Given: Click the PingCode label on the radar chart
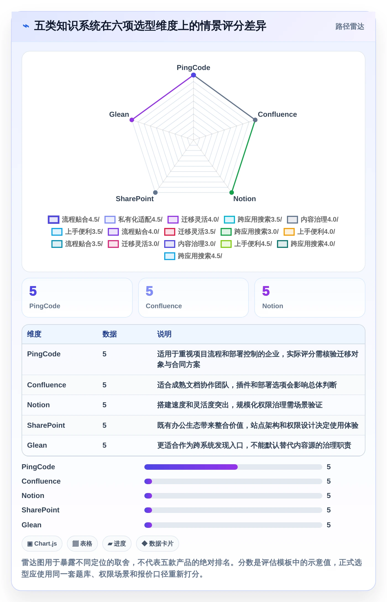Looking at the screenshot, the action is (x=193, y=68).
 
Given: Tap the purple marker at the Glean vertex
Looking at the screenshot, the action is (x=132, y=120).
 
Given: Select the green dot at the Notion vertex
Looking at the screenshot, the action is (x=232, y=193).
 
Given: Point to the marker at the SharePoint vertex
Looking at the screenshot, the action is (x=155, y=193).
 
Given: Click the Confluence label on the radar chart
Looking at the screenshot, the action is (x=277, y=114).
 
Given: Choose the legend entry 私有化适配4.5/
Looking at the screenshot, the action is (x=134, y=219).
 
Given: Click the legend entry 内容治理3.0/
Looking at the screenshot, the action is (x=190, y=244).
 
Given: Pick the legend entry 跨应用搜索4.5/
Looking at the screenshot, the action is (x=193, y=256).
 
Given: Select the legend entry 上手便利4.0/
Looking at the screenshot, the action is (x=309, y=232).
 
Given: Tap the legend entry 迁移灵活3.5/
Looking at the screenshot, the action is (x=190, y=232).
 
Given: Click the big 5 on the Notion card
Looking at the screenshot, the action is (x=266, y=291).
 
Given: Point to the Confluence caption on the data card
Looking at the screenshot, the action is (x=164, y=306).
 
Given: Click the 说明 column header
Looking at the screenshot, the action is (x=164, y=334).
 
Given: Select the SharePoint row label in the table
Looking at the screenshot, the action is (x=46, y=425).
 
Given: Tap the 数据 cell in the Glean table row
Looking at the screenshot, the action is (x=104, y=445).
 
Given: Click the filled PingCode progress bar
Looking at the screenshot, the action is (x=191, y=467).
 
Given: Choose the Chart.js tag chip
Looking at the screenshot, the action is (x=42, y=544).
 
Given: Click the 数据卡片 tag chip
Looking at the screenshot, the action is (x=158, y=544).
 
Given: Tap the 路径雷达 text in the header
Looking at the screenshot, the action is (x=350, y=27).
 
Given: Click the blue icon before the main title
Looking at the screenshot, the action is (x=26, y=26).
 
